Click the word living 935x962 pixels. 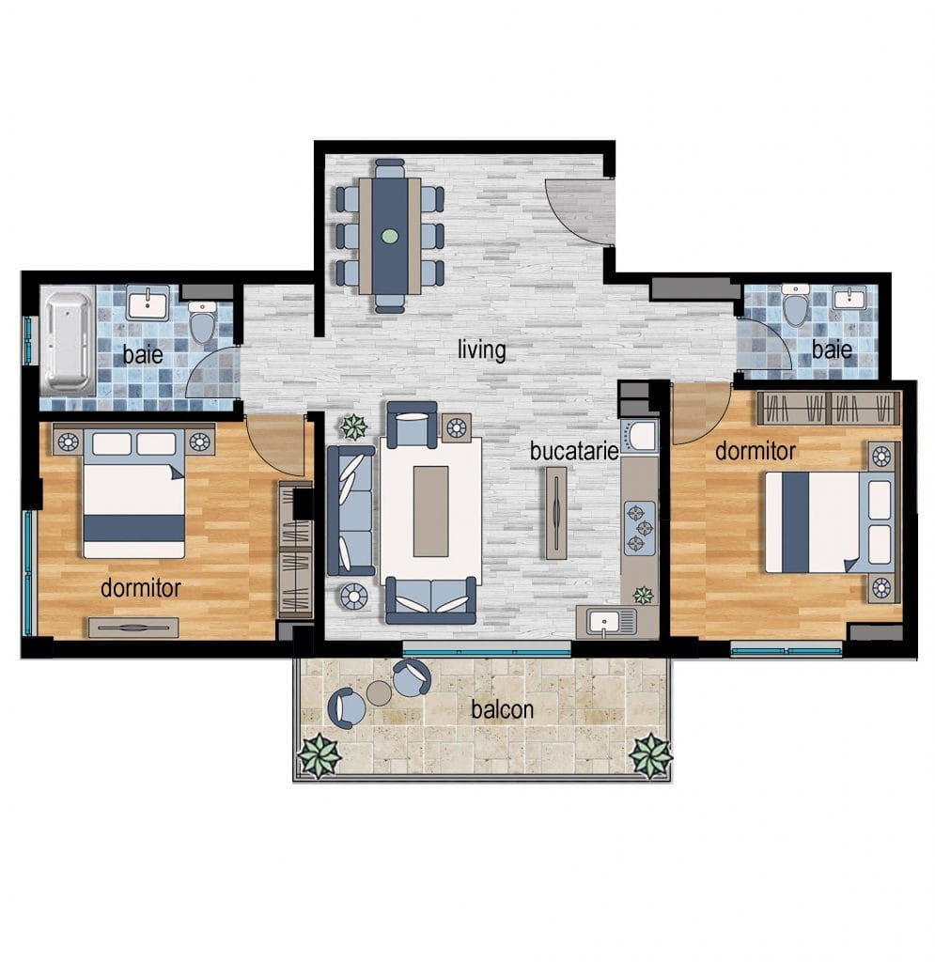pos(482,350)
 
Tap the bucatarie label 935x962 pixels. pos(574,451)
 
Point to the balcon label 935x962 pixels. pos(502,709)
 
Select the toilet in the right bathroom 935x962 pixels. pos(796,305)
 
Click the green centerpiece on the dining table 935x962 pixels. pos(390,236)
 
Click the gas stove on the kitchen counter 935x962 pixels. pos(639,527)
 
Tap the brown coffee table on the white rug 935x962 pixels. pos(430,511)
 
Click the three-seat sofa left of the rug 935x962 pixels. pos(351,510)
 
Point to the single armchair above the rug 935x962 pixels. pos(412,423)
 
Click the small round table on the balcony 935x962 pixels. pos(379,693)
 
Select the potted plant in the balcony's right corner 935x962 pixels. pos(651,754)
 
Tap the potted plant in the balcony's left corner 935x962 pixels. pos(319,754)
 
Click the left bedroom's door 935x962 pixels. pos(274,444)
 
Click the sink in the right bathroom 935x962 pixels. pos(849,299)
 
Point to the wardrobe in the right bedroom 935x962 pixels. pos(829,408)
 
